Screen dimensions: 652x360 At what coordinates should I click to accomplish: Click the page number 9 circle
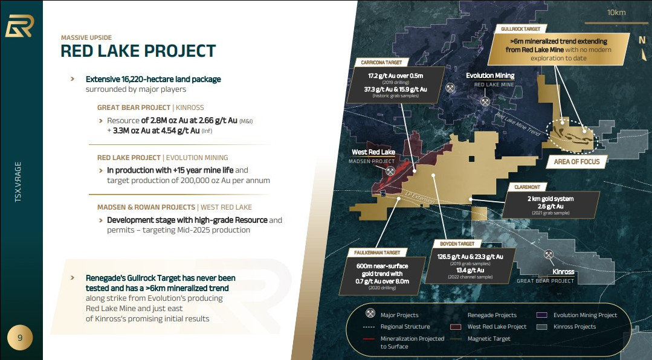19,338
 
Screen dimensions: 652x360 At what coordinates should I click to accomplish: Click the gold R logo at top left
19,26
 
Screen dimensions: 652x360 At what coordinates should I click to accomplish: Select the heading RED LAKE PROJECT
138,51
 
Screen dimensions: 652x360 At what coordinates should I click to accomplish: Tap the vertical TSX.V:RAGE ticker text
18,182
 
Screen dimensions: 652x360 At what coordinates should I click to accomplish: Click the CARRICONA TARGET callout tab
382,62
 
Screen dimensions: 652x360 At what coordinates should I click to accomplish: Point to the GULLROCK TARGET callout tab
521,28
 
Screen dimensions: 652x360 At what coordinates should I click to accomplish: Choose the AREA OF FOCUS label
576,162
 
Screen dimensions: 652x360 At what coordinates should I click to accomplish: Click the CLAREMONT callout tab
528,187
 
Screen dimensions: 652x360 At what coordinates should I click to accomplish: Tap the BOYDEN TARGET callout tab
457,243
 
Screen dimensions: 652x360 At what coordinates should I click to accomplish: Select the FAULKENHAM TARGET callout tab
377,252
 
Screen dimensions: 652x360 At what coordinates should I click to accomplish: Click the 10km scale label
616,13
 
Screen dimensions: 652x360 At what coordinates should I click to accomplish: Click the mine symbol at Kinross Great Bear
549,254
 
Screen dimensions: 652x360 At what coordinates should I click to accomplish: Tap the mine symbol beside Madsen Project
390,171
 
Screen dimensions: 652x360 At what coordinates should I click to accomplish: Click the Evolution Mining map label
490,76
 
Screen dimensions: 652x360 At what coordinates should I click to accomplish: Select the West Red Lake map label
373,152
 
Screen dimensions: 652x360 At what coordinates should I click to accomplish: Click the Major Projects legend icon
370,313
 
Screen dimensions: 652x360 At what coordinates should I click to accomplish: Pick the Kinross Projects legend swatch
541,327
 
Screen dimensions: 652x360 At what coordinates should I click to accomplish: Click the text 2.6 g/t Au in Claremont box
550,206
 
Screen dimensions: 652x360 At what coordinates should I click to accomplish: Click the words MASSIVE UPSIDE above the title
86,37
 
